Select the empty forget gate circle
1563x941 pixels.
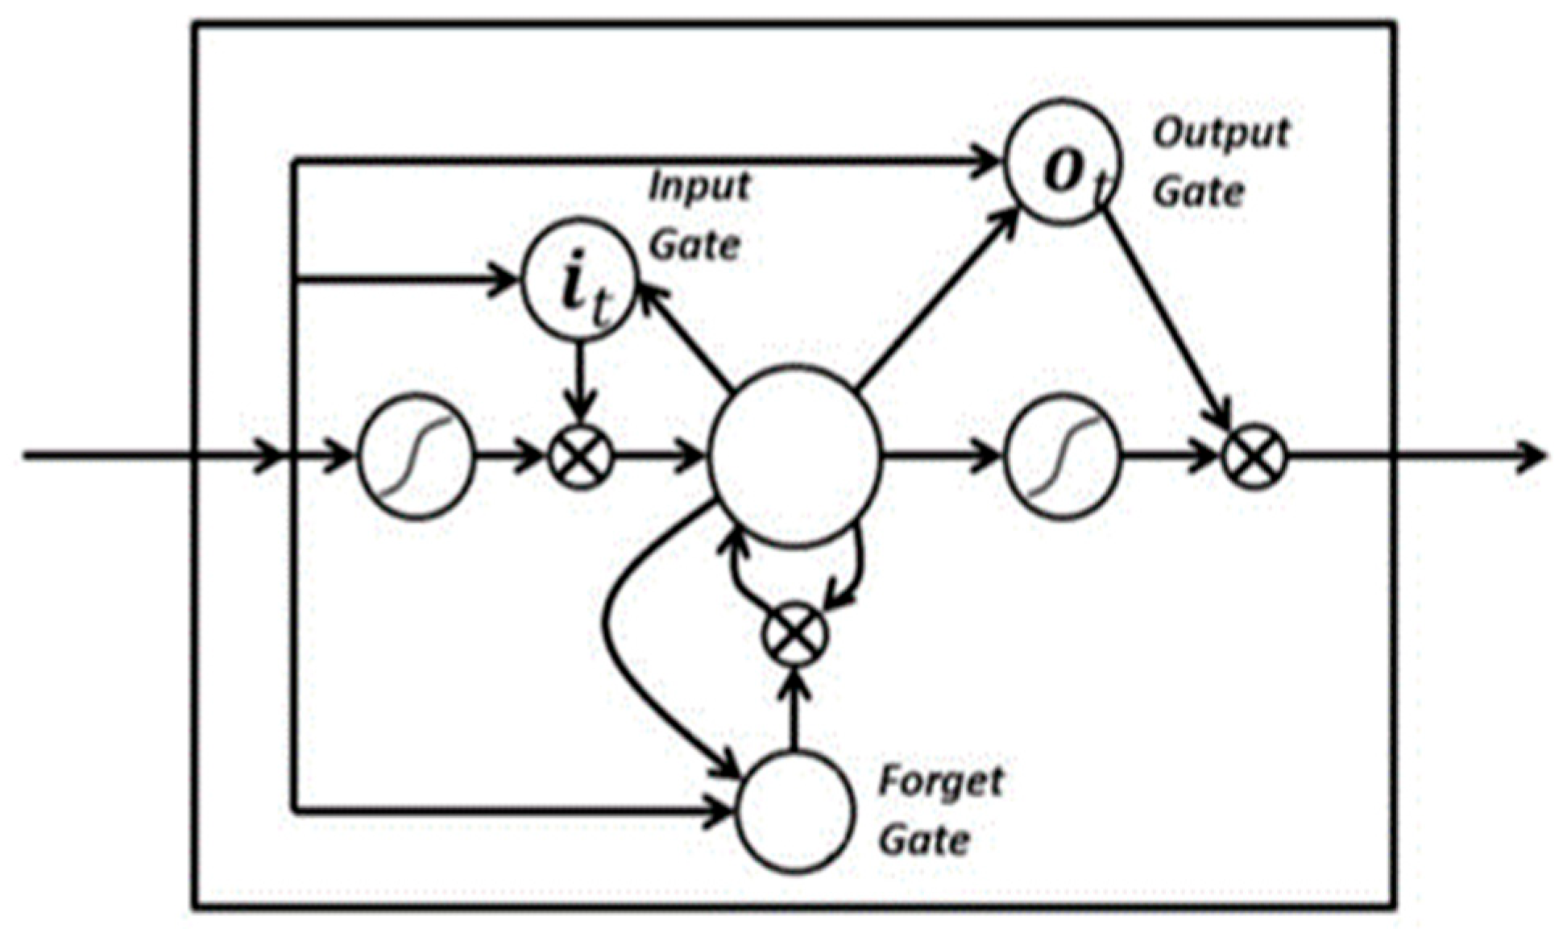794,812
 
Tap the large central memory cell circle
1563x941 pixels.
794,456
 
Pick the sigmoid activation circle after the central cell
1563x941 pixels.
1063,457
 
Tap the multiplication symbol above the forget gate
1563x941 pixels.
794,635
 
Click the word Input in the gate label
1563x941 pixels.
699,187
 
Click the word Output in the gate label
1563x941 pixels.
1221,133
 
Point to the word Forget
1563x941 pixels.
940,781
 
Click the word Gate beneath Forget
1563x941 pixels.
923,841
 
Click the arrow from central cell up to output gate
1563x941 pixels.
935,298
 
